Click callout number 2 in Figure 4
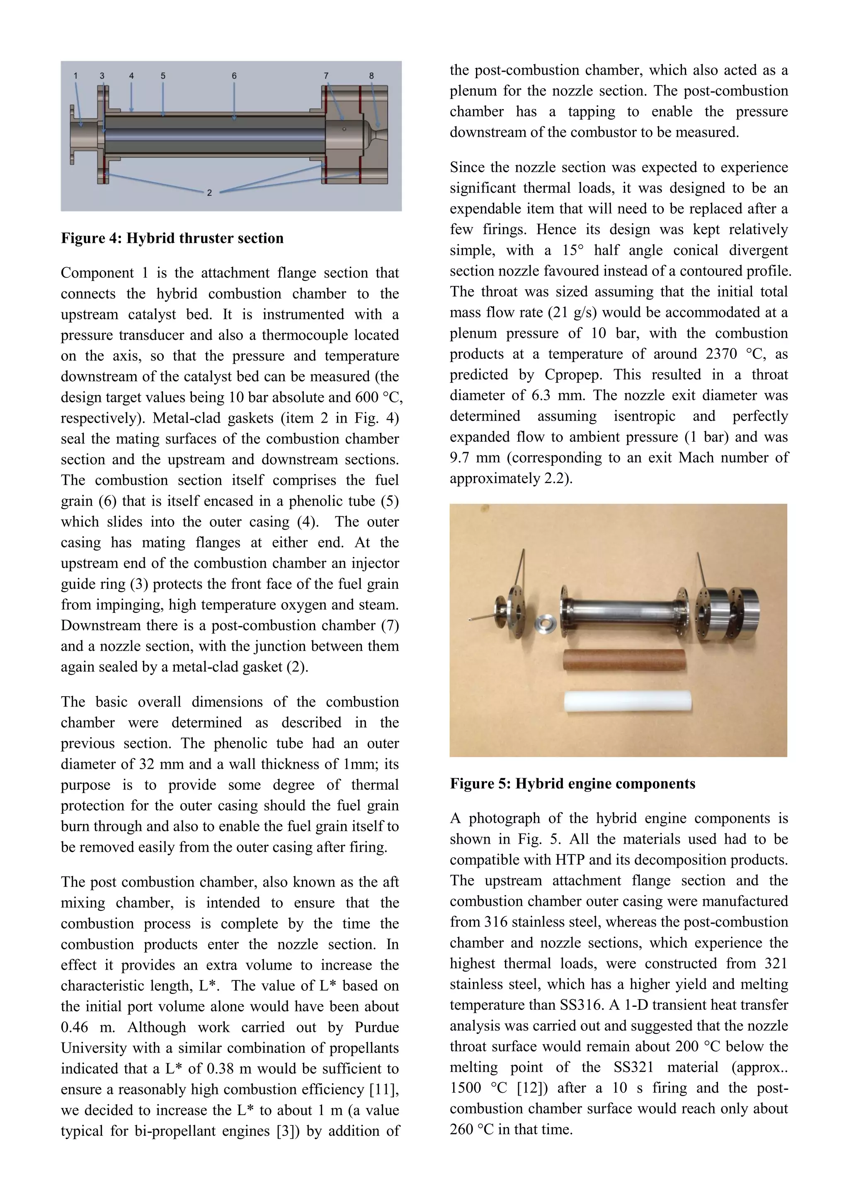click(209, 193)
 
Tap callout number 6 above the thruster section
click(234, 76)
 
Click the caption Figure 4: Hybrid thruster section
click(172, 238)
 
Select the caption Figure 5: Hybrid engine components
click(572, 784)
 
